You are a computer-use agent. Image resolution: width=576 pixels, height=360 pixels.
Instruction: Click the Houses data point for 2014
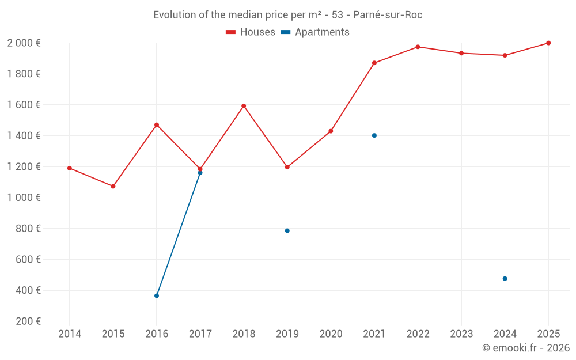(70, 168)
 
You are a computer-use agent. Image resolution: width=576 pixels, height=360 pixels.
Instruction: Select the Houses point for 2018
(244, 106)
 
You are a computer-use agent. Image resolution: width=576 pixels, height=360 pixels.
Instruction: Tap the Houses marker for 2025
(548, 43)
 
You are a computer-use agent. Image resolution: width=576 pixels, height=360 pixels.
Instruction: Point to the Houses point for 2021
(374, 63)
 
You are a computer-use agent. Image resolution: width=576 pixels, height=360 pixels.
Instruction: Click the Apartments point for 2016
(157, 295)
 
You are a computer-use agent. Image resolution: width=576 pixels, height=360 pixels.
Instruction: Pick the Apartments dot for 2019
(287, 230)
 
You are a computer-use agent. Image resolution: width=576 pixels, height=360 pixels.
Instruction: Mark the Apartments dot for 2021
(374, 135)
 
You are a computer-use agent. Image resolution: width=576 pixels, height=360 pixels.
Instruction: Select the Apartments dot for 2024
(505, 279)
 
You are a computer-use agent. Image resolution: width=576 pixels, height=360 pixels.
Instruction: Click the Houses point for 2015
(113, 186)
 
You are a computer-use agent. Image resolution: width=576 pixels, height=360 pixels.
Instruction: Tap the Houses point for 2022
(418, 47)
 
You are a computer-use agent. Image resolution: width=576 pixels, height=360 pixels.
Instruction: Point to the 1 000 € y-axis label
(24, 198)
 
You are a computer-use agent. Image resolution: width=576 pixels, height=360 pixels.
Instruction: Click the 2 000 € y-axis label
(24, 43)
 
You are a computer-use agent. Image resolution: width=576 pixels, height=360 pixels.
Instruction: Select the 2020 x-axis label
(331, 334)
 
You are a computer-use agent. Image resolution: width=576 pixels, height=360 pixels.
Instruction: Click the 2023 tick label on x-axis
(461, 334)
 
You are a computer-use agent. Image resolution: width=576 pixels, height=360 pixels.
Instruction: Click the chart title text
(287, 15)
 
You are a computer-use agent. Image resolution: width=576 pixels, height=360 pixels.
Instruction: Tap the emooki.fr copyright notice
(526, 348)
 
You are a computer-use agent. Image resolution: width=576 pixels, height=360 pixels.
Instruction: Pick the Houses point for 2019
(287, 167)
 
